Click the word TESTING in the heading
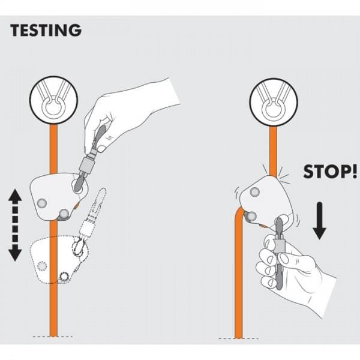(x=44, y=30)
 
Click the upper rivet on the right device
(x=255, y=191)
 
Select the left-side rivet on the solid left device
(x=41, y=203)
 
